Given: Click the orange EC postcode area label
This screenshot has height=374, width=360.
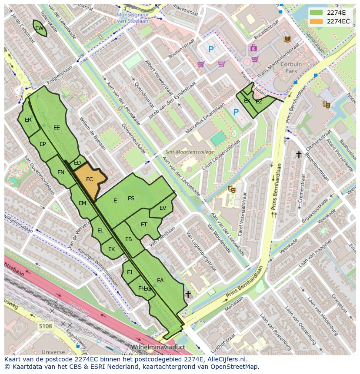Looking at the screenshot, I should coord(89,179).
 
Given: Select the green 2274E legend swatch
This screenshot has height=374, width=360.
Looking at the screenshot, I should coord(317,13).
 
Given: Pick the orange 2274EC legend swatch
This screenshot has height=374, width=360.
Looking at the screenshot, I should coord(317,21).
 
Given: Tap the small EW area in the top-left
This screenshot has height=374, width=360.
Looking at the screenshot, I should coord(39,28).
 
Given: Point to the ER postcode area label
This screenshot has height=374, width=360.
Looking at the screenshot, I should coord(28,120).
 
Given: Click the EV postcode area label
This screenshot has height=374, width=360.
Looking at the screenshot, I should coord(163,208).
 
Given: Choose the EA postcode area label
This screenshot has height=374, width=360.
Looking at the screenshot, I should coord(160,281).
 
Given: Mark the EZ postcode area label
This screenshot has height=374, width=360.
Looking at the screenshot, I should coord(259,102).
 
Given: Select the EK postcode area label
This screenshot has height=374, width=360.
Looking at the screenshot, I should coord(111,249).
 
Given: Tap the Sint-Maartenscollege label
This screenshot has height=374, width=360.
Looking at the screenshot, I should coord(190,152).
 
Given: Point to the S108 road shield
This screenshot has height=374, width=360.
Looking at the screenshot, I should coord(45,326).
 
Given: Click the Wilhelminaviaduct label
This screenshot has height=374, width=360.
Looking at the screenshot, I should coord(158,348).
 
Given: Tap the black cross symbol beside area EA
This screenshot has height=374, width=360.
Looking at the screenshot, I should coord(188,294).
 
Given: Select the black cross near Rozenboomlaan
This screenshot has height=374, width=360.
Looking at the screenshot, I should coord(299,154).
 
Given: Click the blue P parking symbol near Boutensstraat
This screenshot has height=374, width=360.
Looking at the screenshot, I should coord(211,50).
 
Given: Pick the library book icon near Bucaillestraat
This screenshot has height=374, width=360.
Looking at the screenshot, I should coord(287,39).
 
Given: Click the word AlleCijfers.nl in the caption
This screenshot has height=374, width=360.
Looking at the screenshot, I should coord(226,359).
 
